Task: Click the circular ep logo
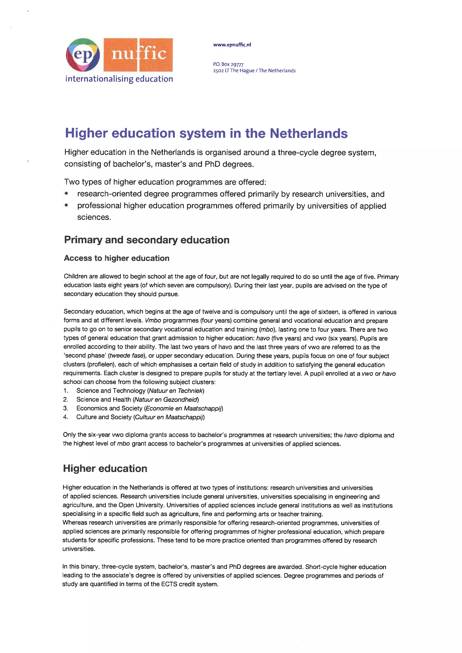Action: (x=83, y=55)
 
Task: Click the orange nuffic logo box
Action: (x=138, y=55)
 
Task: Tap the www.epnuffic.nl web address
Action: (x=232, y=45)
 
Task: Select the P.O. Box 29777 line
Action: (x=228, y=64)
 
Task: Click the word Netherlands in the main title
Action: (x=308, y=133)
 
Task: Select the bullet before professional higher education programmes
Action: (x=66, y=205)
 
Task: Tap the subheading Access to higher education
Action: (x=117, y=258)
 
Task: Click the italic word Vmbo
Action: (x=153, y=321)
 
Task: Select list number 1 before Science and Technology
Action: (x=66, y=391)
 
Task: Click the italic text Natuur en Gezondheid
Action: (x=166, y=400)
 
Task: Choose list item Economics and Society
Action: (x=109, y=408)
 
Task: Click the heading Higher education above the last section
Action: (x=105, y=469)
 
